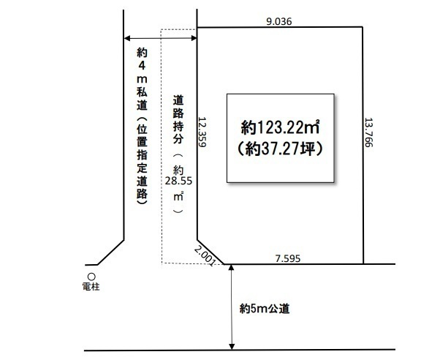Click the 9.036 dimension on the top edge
(278, 21)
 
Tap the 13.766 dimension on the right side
(368, 132)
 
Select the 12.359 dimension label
(202, 132)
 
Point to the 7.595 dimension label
(288, 258)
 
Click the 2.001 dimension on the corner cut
(205, 256)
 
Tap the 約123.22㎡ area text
(280, 127)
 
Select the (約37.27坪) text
(280, 149)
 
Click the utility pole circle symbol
(91, 277)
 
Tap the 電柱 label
(91, 287)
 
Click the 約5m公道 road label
(265, 309)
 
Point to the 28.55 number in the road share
(178, 181)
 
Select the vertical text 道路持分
(178, 120)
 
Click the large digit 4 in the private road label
(142, 66)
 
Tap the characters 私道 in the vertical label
(142, 99)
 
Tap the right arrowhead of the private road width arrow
(194, 38)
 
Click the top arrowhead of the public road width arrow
(232, 267)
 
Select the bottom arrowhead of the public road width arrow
(232, 347)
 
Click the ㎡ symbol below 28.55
(178, 197)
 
